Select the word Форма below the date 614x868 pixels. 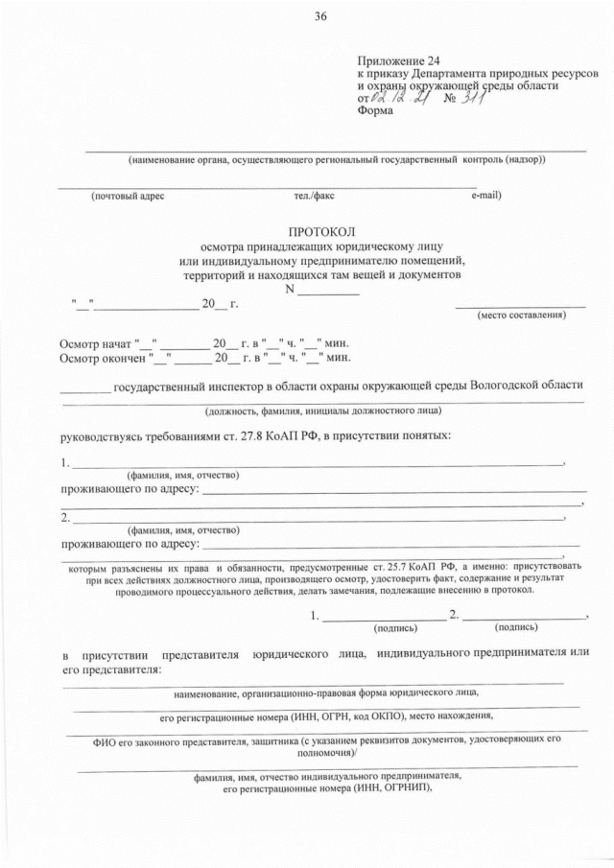click(x=374, y=110)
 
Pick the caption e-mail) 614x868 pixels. click(x=486, y=197)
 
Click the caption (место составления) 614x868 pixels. click(x=520, y=317)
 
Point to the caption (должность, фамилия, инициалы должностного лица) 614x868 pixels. click(x=322, y=411)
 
